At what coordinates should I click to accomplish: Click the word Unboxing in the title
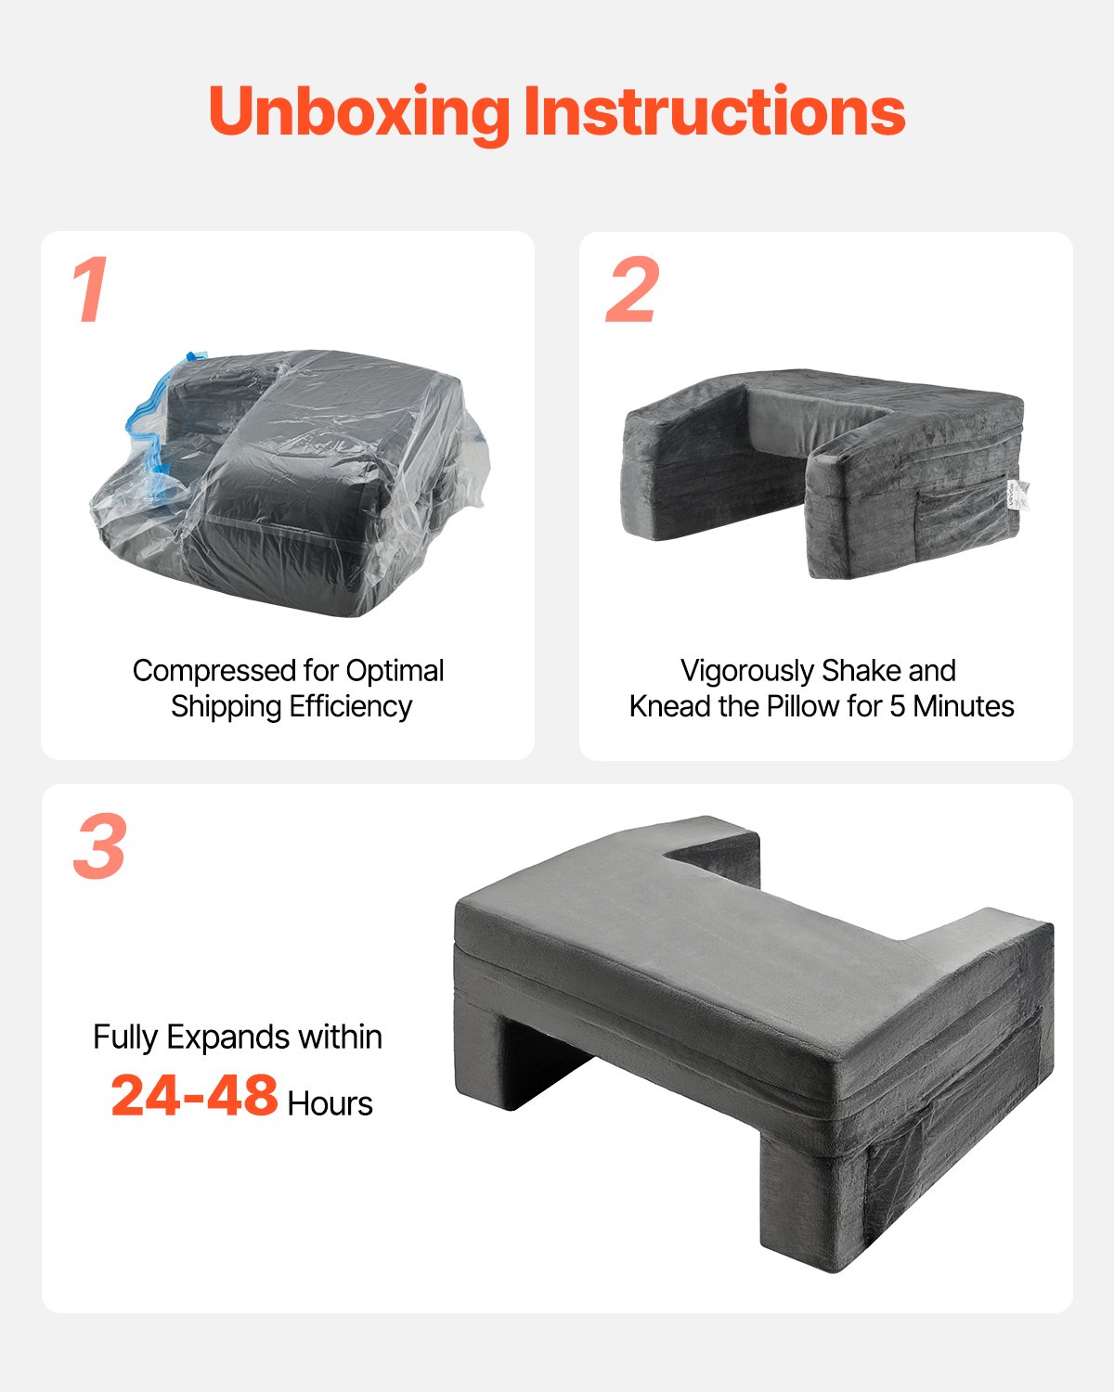(x=357, y=112)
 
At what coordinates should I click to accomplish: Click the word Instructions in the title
(x=714, y=112)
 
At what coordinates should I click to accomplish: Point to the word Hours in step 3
(x=330, y=1103)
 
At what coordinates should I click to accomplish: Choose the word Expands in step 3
(x=214, y=1037)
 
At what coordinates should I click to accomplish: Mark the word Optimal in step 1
(x=395, y=670)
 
